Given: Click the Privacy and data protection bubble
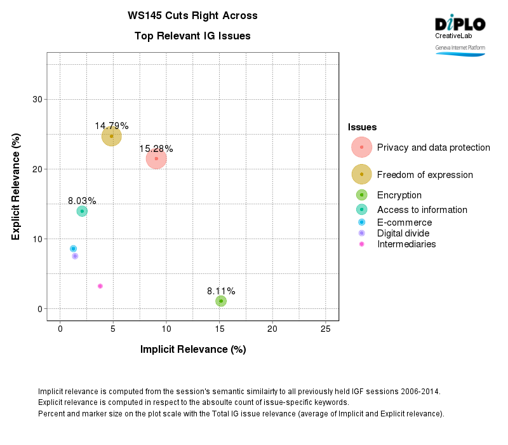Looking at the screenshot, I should pyautogui.click(x=156, y=158).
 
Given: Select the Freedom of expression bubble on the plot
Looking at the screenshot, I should pyautogui.click(x=111, y=135).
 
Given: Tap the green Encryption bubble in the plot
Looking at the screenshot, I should pyautogui.click(x=221, y=301).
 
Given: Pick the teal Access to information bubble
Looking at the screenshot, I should pyautogui.click(x=82, y=211).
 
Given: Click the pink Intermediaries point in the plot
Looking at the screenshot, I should pyautogui.click(x=100, y=286).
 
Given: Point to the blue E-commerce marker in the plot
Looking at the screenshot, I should pyautogui.click(x=74, y=249).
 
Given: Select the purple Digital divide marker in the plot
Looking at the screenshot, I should pyautogui.click(x=75, y=256).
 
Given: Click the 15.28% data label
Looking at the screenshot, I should pyautogui.click(x=156, y=149).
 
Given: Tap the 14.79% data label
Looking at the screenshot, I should pyautogui.click(x=112, y=126).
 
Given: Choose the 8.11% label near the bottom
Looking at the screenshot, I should pyautogui.click(x=221, y=291).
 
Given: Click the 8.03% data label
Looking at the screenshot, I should pyautogui.click(x=82, y=201).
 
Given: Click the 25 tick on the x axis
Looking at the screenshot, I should pyautogui.click(x=325, y=329).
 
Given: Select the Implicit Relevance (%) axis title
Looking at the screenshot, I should pyautogui.click(x=193, y=349).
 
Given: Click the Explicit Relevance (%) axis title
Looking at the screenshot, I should pyautogui.click(x=16, y=186).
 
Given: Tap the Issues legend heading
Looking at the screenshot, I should pyautogui.click(x=362, y=128).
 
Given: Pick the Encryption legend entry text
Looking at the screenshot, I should pyautogui.click(x=399, y=195).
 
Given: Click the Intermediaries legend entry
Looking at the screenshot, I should pyautogui.click(x=406, y=244).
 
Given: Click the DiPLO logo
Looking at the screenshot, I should pyautogui.click(x=460, y=24).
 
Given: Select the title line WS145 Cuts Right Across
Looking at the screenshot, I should pyautogui.click(x=192, y=15).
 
